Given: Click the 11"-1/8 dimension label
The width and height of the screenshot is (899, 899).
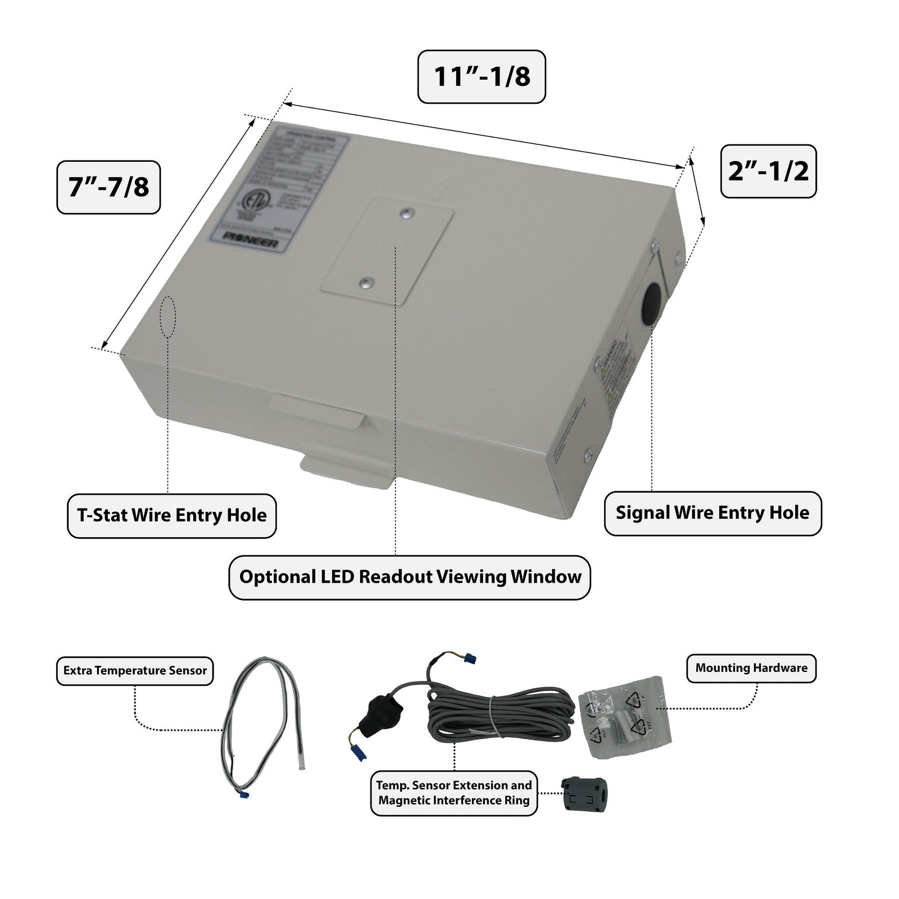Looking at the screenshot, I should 482,76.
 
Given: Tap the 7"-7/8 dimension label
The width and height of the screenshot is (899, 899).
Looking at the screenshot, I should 108,187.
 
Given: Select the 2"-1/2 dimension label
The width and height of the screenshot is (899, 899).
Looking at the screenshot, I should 768,171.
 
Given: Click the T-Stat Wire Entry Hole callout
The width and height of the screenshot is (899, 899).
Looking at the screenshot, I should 171,516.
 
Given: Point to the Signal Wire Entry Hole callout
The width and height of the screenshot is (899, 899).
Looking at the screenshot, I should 712,513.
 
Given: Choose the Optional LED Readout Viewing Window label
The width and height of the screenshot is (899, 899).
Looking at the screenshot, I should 410,578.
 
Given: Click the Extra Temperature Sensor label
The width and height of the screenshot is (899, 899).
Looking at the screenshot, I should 135,671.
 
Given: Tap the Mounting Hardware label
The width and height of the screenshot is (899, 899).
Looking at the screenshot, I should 751,668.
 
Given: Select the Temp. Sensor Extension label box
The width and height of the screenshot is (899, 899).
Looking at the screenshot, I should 454,793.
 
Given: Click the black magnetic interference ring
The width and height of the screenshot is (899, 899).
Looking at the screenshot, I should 586,793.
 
